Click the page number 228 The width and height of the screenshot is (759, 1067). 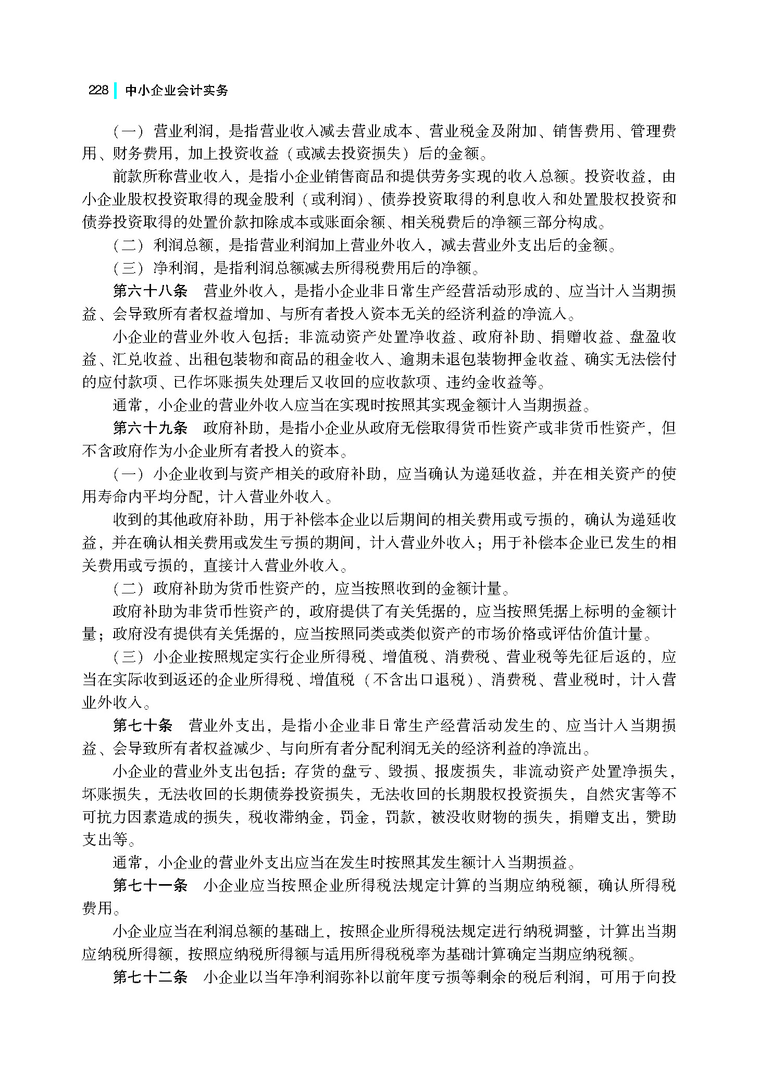click(98, 90)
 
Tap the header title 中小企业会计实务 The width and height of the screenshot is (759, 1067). click(177, 90)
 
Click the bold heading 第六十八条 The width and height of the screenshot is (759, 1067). click(150, 291)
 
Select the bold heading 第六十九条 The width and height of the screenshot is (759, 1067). click(150, 428)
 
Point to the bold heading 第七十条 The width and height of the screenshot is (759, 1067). click(142, 725)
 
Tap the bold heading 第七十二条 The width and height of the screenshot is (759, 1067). click(150, 977)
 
